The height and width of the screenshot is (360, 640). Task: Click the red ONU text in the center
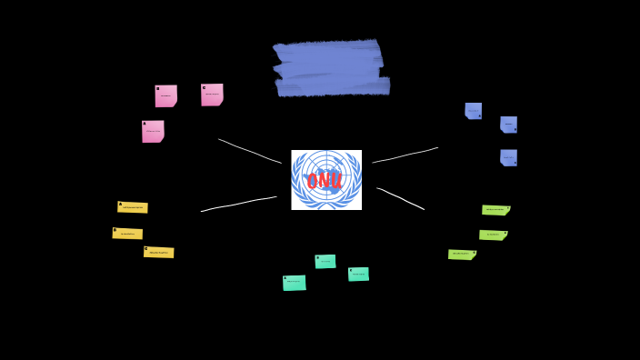point(325,181)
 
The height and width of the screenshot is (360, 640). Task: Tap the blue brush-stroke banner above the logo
point(331,68)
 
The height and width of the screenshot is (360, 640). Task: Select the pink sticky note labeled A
point(153,131)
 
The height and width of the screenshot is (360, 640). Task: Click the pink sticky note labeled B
point(165,95)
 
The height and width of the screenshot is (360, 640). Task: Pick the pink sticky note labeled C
point(212,95)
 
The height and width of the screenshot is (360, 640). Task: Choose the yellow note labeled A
point(133,207)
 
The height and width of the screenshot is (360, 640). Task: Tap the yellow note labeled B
point(127,234)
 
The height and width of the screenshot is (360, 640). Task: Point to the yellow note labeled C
point(158,252)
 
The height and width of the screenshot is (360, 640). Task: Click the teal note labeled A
point(294,283)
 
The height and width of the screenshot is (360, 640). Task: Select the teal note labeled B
point(325,262)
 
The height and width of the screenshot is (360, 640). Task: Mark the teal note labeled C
point(358,274)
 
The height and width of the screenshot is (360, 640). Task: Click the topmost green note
point(495,210)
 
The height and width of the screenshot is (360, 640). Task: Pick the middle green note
point(493,235)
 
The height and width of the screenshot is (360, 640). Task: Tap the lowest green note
point(462,255)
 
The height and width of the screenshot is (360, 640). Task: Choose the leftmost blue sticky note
point(473,111)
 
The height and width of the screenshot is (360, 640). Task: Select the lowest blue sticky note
point(508,157)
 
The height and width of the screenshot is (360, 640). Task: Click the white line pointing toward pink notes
point(250,151)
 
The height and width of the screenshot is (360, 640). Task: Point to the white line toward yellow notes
point(238,204)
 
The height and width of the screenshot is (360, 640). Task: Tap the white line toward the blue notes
point(405,155)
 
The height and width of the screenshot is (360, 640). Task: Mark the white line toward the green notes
point(401,198)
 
